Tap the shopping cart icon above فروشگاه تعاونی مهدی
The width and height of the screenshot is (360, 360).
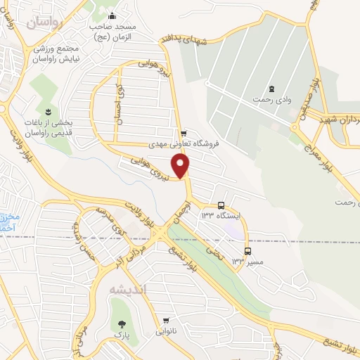click(184, 134)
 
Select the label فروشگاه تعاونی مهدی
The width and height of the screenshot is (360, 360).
click(184, 143)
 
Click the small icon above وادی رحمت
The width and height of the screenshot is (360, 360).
click(271, 89)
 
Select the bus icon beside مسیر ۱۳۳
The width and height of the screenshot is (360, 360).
click(247, 251)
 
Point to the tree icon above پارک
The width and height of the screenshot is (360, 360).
click(123, 324)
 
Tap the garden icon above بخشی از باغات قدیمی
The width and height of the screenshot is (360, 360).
click(48, 112)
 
